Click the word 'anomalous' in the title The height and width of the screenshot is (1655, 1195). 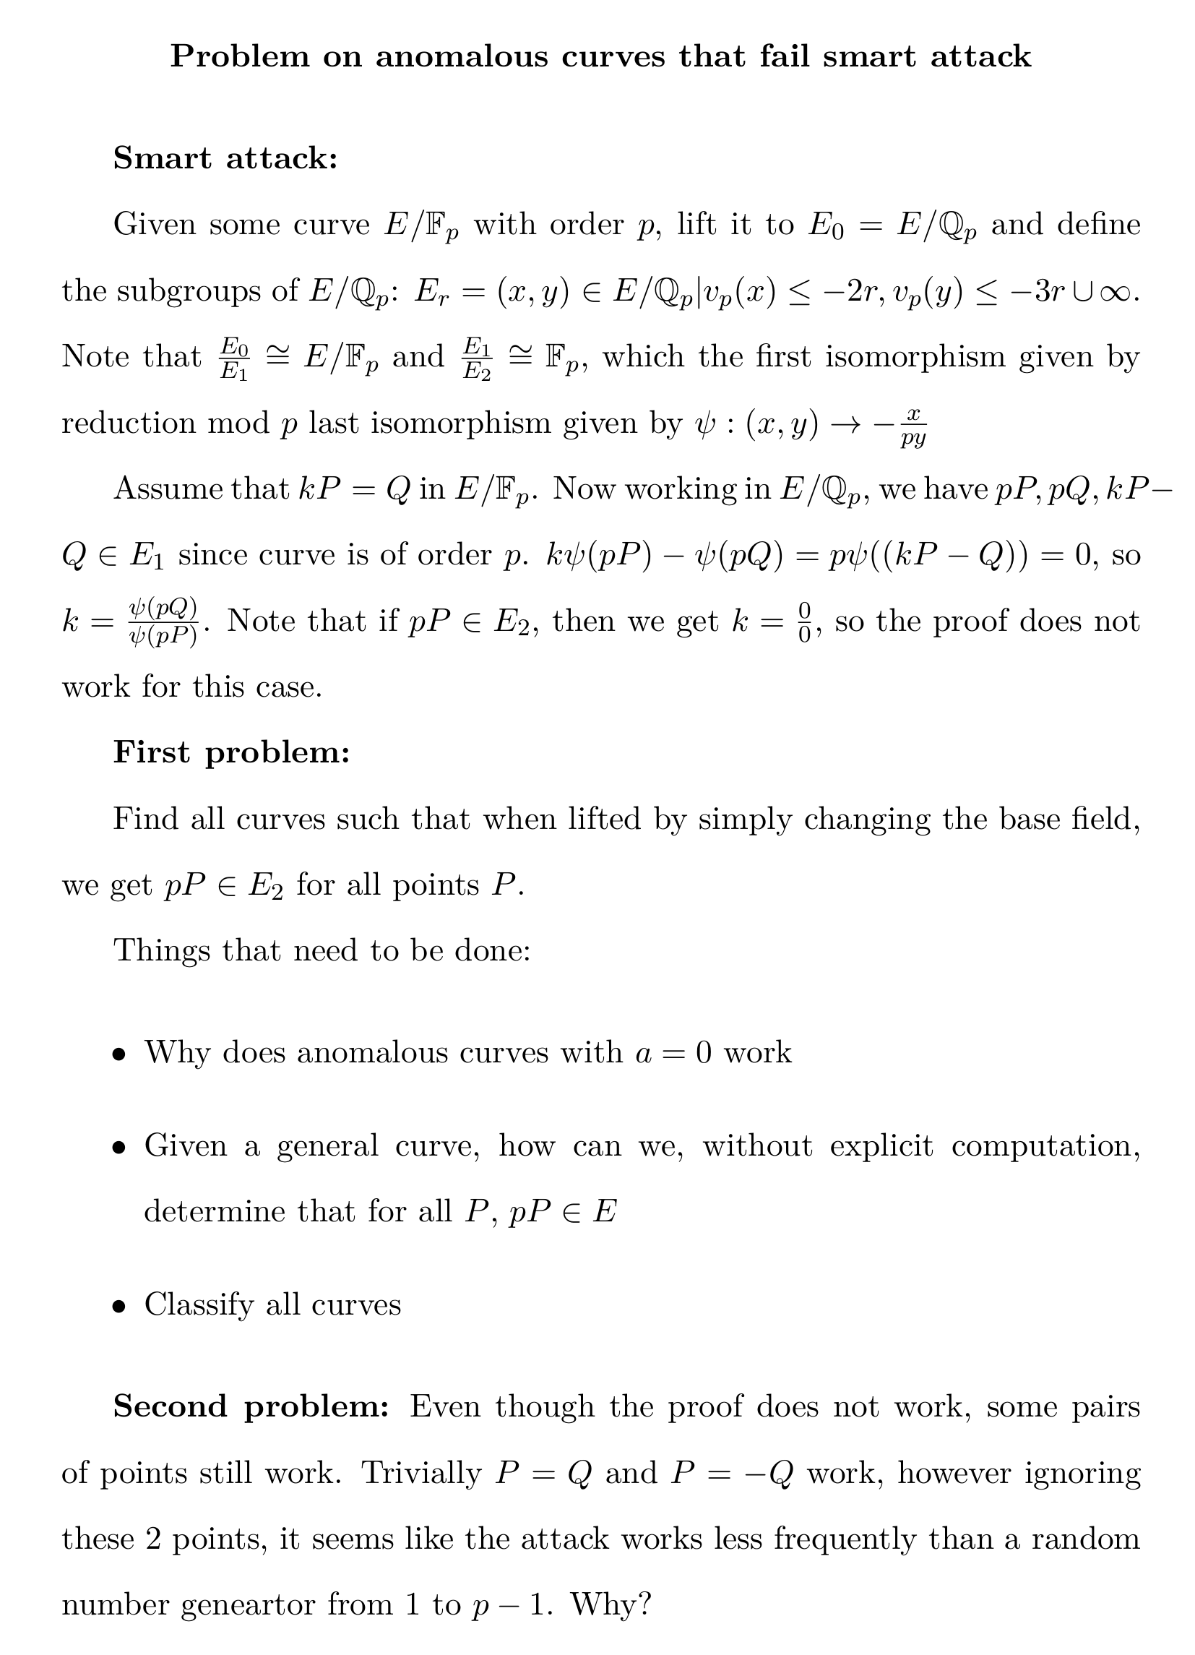click(x=461, y=57)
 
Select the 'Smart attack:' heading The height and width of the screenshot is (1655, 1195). click(x=225, y=158)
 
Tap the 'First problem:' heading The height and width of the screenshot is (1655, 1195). click(x=231, y=752)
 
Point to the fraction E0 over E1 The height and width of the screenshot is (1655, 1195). click(x=234, y=358)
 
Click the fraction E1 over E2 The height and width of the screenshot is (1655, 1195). click(x=478, y=358)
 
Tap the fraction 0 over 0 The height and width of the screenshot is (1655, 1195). click(x=804, y=622)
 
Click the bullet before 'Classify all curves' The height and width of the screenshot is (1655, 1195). click(x=119, y=1307)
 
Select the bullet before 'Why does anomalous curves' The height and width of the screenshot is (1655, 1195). click(x=119, y=1054)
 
